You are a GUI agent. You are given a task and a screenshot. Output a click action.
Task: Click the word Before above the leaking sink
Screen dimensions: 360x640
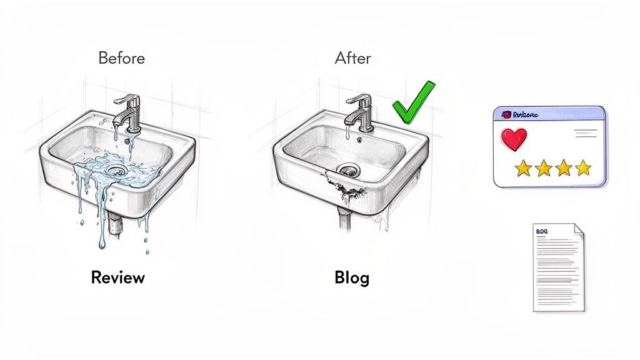pos(121,59)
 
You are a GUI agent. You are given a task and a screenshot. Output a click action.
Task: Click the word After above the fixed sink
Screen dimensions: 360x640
pos(352,59)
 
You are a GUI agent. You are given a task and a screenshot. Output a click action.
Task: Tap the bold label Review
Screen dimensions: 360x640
pos(117,277)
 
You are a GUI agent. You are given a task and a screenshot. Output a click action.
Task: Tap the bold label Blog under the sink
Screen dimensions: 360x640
pos(352,277)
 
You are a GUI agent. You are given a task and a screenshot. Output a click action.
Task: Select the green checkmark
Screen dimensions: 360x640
pos(412,102)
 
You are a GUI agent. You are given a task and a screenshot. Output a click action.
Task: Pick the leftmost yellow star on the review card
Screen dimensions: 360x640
pos(523,167)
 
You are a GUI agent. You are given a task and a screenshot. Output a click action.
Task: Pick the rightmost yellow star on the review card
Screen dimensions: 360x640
pos(583,167)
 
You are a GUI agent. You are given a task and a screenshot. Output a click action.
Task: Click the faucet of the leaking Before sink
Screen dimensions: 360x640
pos(130,112)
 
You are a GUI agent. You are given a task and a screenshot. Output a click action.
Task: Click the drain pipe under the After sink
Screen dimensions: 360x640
pos(344,218)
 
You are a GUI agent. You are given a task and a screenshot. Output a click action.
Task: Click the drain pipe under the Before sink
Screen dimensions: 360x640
pos(115,223)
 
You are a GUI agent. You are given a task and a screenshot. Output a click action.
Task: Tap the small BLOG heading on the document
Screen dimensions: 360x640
pos(542,231)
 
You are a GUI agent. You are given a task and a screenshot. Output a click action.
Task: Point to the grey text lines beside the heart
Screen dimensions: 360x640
pos(585,133)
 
